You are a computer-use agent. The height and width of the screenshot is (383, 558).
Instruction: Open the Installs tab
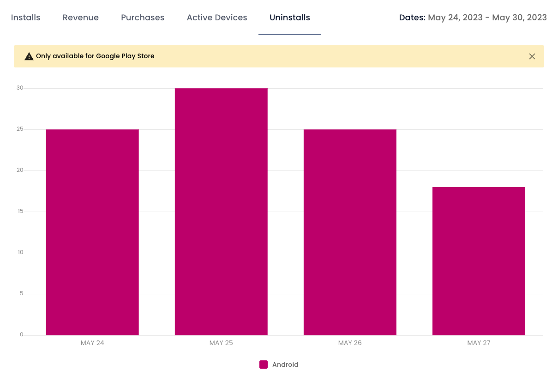coord(25,18)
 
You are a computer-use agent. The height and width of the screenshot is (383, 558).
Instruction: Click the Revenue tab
coord(80,18)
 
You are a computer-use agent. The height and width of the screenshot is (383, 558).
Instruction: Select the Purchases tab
coord(143,18)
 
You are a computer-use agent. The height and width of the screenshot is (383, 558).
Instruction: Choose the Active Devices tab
coord(217,18)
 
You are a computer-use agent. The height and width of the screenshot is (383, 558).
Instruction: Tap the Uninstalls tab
coord(290,18)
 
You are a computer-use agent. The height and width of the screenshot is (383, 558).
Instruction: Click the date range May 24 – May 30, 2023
coord(487,18)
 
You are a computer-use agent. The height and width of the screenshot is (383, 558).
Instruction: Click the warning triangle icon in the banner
coord(29,56)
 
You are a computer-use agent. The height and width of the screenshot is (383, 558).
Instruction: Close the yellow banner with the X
coord(532,56)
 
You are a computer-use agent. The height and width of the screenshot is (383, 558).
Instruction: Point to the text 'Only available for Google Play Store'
coord(95,56)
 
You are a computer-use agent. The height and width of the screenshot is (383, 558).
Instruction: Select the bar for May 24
coord(92,232)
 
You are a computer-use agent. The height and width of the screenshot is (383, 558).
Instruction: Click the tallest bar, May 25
coord(221,212)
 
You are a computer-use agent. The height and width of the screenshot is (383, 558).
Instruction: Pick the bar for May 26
coord(350,232)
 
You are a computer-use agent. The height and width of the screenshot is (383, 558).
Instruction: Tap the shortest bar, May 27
coord(479,261)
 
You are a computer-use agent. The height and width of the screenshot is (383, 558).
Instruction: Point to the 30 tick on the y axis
coord(20,88)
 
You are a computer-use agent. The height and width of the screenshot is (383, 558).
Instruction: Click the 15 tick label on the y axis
coord(20,211)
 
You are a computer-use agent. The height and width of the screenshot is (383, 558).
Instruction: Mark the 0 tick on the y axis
coord(21,334)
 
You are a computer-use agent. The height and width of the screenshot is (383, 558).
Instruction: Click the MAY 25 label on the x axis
coord(221,343)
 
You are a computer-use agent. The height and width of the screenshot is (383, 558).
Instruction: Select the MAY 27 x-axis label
coord(479,343)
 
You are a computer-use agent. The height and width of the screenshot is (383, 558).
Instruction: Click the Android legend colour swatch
coord(263,365)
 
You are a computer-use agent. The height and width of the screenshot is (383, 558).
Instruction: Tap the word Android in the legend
coord(285,365)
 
